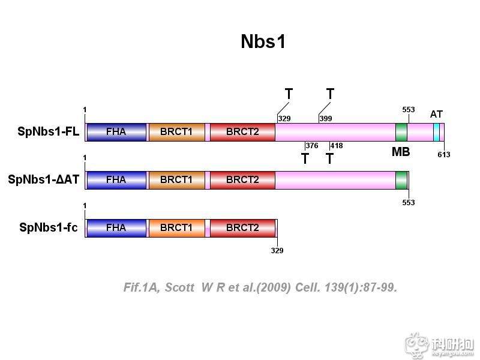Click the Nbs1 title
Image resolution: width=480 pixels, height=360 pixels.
pos(263,42)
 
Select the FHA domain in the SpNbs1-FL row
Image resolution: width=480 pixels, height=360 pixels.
pos(116,132)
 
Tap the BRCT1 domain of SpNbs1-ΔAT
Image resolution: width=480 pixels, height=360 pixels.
pos(176,179)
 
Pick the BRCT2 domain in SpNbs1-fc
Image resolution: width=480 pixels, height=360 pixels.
pos(242,228)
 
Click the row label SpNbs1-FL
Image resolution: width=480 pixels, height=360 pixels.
pos(48,132)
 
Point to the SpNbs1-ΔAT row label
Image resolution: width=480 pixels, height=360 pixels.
pos(43,179)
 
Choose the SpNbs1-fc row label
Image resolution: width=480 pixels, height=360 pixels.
pos(48,228)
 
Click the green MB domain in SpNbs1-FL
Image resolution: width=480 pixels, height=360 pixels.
pos(401,132)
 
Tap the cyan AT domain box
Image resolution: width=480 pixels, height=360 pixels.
pos(436,132)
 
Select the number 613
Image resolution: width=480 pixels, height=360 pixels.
pos(444,155)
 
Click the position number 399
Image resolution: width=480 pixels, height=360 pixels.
pos(326,119)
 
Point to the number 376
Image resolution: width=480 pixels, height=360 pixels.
pos(311,146)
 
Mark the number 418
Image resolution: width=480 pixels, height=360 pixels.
pos(336,146)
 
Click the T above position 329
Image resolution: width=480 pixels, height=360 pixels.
pos(289,94)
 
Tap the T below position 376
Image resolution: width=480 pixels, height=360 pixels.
pos(305,159)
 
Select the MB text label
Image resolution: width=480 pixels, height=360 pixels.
pos(401,152)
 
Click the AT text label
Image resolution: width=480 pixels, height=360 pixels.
pos(436,114)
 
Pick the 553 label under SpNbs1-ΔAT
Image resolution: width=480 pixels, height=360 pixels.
pos(408,203)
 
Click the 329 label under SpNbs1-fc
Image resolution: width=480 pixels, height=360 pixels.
pos(277,251)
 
